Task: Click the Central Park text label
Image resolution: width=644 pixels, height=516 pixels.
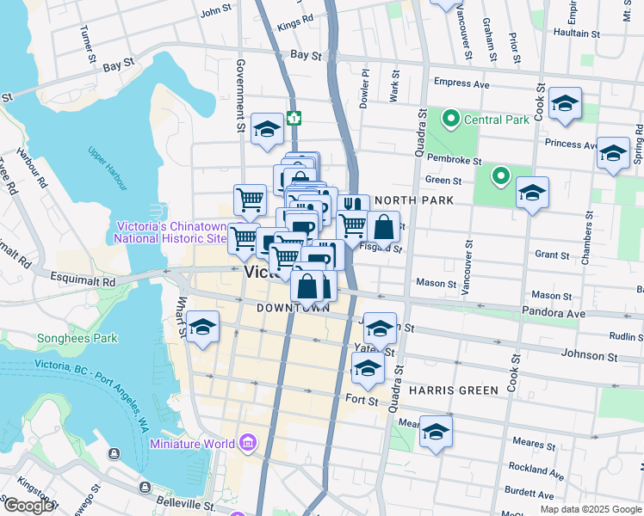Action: click(x=498, y=120)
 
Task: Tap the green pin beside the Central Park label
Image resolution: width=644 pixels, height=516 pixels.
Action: click(x=449, y=119)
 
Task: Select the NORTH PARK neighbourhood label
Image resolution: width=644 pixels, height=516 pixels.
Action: click(x=413, y=200)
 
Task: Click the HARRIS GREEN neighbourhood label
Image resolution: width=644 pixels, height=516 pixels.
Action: click(x=453, y=390)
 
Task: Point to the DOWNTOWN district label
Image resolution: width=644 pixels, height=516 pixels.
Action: click(x=293, y=308)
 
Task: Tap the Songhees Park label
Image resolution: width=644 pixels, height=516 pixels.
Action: click(x=77, y=338)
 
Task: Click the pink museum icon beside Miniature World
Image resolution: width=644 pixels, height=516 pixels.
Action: click(x=248, y=444)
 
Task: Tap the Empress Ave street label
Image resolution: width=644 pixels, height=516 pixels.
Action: click(x=461, y=84)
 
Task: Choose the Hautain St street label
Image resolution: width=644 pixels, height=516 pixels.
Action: click(x=576, y=34)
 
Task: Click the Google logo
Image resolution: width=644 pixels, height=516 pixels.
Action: click(x=28, y=506)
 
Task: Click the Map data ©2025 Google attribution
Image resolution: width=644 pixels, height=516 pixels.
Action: click(x=590, y=509)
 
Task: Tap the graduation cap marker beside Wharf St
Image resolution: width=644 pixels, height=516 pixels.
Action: click(x=202, y=327)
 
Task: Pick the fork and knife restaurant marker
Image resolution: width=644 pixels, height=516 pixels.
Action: click(x=353, y=206)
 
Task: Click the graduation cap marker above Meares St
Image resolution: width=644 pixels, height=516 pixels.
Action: click(x=436, y=432)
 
